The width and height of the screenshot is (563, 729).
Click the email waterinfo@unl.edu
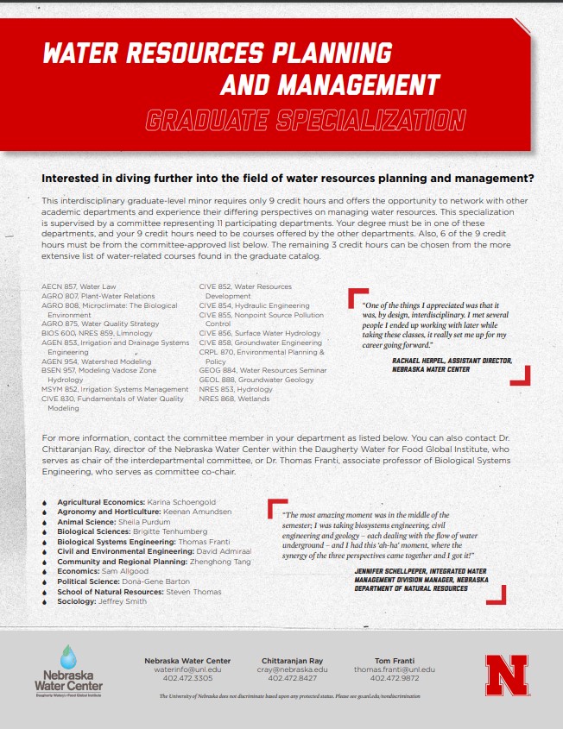pos(187,669)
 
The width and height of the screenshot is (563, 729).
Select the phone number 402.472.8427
pos(292,678)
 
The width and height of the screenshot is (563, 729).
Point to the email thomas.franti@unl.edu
pos(395,669)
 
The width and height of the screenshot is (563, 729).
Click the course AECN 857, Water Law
pos(79,286)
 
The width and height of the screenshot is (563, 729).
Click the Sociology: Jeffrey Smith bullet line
pos(102,601)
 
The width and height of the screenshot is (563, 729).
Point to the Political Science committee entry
pos(123,581)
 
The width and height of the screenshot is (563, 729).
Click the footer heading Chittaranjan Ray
pos(292,660)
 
